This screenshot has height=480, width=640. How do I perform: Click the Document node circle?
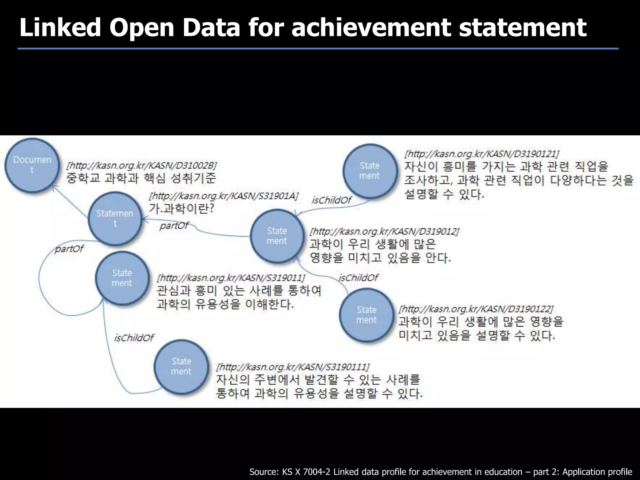[32, 165]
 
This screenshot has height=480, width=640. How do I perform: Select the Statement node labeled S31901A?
[115, 218]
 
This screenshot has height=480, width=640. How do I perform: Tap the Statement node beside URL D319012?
[277, 236]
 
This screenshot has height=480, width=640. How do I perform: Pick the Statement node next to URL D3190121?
[370, 171]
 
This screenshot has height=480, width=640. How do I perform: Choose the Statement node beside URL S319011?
[122, 278]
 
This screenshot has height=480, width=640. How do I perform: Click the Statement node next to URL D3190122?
[367, 315]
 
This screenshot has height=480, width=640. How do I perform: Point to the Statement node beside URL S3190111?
[181, 366]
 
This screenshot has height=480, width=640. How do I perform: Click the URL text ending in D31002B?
[142, 165]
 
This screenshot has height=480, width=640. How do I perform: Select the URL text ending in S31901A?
[224, 196]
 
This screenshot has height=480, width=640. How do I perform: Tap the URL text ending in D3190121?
[482, 154]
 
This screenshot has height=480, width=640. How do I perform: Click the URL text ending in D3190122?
[476, 309]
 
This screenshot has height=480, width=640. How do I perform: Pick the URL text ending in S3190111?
[293, 366]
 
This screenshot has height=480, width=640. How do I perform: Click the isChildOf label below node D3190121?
[331, 200]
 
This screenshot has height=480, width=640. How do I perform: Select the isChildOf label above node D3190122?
[358, 277]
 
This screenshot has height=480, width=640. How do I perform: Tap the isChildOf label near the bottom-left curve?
[134, 337]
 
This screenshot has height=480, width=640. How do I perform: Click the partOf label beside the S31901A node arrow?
[174, 225]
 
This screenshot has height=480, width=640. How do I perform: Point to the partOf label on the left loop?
[69, 249]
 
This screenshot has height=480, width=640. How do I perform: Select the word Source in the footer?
[263, 472]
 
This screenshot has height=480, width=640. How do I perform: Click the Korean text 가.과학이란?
[181, 208]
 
